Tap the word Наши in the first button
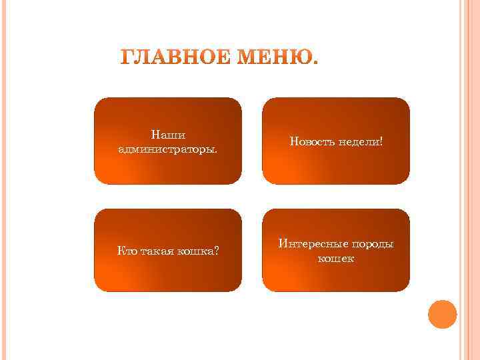coord(168,135)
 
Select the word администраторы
coord(168,148)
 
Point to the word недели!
coord(361,142)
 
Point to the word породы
coord(371,245)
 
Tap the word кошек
coord(336,258)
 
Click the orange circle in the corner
coord(442,314)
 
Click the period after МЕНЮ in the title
coord(315,64)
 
